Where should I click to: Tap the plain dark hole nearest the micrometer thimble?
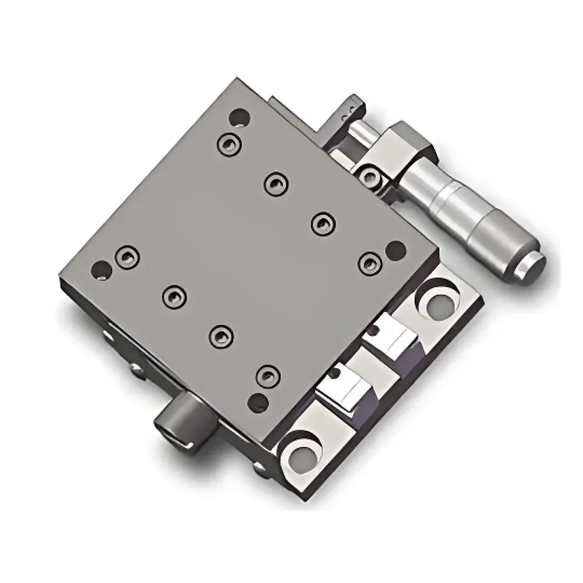click(x=395, y=249)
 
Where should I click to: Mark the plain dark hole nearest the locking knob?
click(x=257, y=401)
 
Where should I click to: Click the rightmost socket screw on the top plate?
click(x=368, y=262)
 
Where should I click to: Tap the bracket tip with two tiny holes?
click(x=347, y=107)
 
